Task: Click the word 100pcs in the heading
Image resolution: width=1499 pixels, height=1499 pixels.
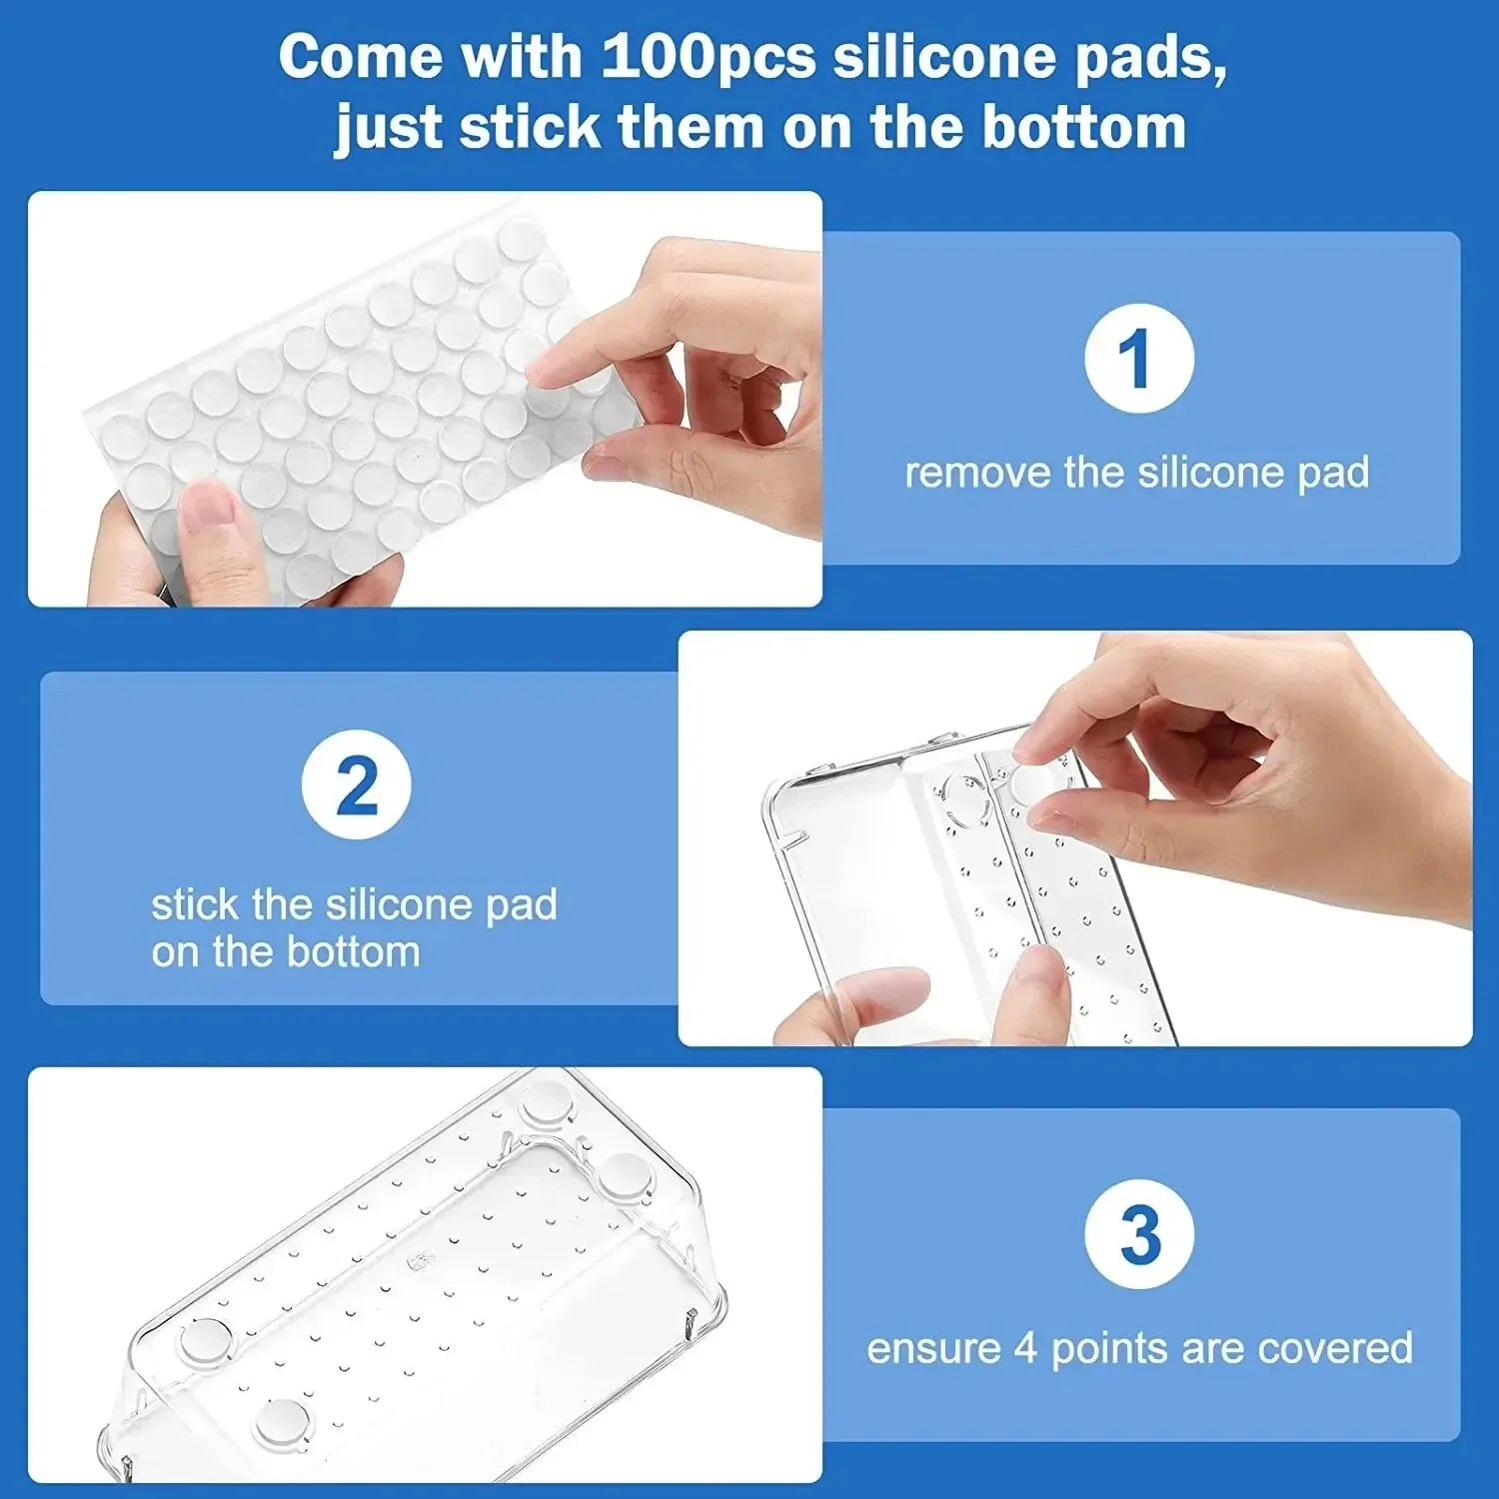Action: point(708,57)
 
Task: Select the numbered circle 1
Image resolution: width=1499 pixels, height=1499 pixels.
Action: point(1138,358)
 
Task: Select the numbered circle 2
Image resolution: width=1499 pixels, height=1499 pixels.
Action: point(357,785)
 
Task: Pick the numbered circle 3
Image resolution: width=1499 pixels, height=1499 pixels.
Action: point(1138,1235)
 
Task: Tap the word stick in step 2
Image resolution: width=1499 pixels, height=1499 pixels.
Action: point(195,905)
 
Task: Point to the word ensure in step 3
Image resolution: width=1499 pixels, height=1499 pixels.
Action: point(932,1349)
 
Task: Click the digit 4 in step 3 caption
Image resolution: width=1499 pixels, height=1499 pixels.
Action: point(1025,1349)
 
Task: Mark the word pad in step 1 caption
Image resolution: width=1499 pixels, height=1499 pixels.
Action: point(1334,474)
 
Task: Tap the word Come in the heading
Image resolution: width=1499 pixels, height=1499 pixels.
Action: point(360,57)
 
